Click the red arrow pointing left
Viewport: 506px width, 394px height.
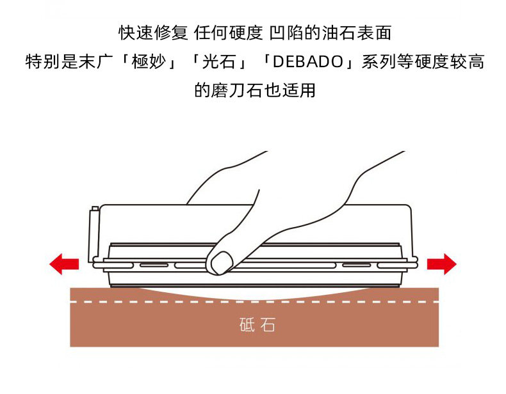click(x=64, y=263)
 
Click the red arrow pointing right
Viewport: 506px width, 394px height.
click(x=441, y=263)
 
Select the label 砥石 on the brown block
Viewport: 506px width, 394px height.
click(x=254, y=325)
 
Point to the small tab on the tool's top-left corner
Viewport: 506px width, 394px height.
click(x=95, y=209)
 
